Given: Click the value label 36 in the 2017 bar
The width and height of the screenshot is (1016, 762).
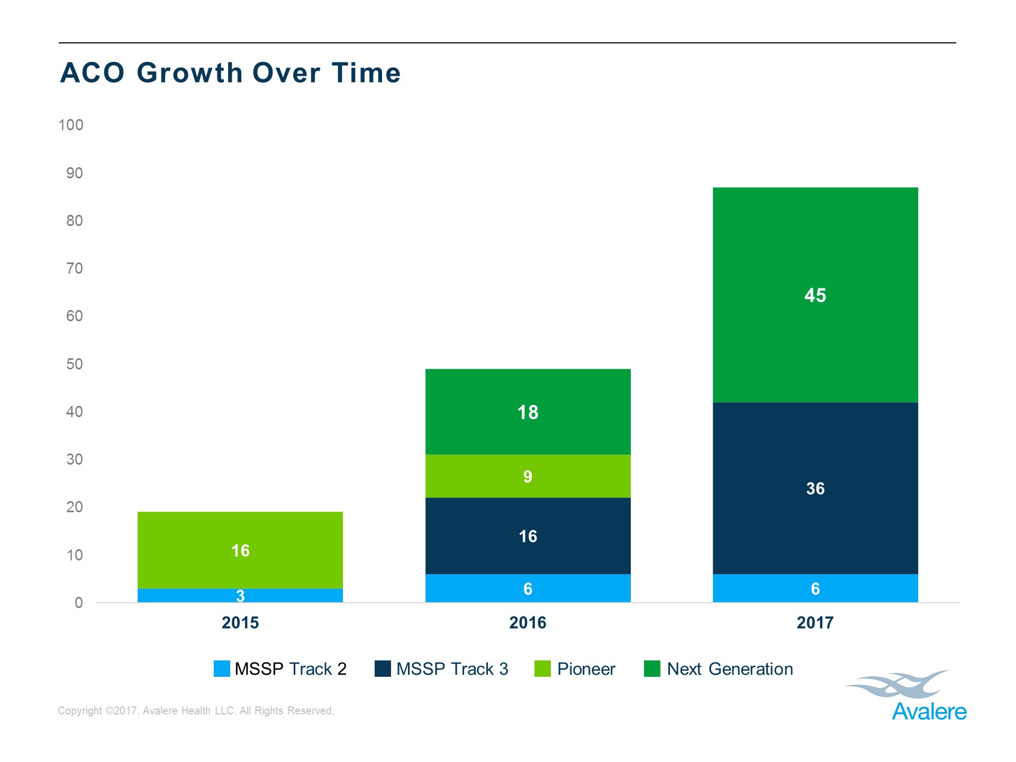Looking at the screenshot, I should coord(815,488).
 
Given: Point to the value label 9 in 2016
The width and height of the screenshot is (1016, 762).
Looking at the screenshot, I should coord(528,477).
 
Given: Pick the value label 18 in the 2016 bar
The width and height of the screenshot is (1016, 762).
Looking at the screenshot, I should coord(528,412).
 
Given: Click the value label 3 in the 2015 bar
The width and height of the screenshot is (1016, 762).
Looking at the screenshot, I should coord(240,596).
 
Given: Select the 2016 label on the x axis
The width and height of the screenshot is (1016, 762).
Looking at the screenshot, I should coord(528,623).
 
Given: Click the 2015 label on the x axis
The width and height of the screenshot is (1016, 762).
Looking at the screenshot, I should coord(240,623).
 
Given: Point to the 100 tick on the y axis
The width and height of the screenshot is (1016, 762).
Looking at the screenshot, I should coord(71,125).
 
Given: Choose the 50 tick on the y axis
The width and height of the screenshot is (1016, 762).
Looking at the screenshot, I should coord(75,364).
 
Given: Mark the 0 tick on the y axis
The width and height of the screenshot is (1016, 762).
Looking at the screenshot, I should coord(79,603).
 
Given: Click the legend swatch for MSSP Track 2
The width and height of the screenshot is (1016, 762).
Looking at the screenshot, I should coord(222,669).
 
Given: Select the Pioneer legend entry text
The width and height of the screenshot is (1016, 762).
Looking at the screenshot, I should coord(586,669).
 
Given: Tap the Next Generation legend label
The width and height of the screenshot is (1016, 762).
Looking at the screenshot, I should coord(730,669).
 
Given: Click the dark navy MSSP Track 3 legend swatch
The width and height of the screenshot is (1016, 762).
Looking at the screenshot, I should coord(383,669).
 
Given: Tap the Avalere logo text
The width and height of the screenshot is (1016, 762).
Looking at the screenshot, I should coord(929,712).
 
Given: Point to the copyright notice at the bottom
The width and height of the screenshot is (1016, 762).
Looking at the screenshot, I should coord(196,711).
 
